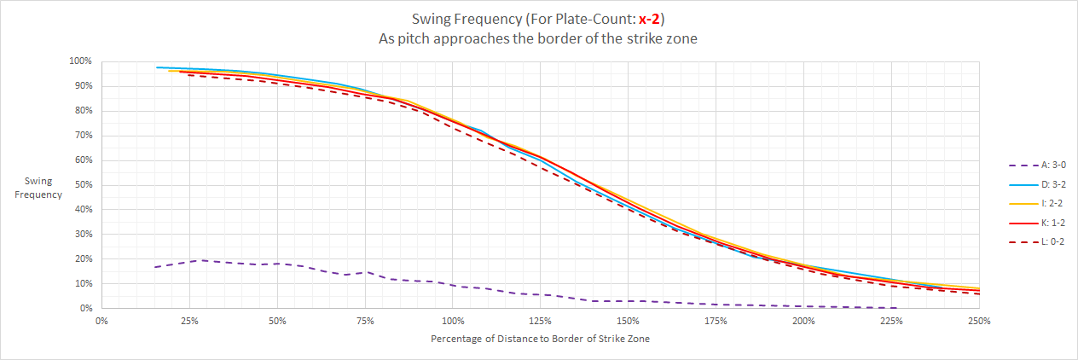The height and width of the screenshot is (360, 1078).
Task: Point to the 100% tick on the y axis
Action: pos(80,61)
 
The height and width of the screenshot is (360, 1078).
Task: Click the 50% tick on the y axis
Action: pos(83,185)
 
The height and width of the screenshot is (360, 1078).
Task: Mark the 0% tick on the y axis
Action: pos(85,308)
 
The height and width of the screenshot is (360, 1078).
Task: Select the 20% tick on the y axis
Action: pos(83,258)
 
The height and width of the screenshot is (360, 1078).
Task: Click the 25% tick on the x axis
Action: pos(189,322)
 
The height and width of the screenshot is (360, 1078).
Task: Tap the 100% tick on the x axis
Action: pos(453,322)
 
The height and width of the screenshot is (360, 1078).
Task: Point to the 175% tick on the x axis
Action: pos(716,322)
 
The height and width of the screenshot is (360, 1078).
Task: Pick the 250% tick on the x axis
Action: pos(979,322)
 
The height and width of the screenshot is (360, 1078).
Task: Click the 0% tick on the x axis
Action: pos(101,322)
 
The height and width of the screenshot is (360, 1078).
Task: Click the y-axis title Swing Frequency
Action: pos(43,188)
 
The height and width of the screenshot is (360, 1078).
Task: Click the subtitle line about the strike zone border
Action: pos(538,38)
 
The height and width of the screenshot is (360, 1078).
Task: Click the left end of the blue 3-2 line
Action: pos(157,67)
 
